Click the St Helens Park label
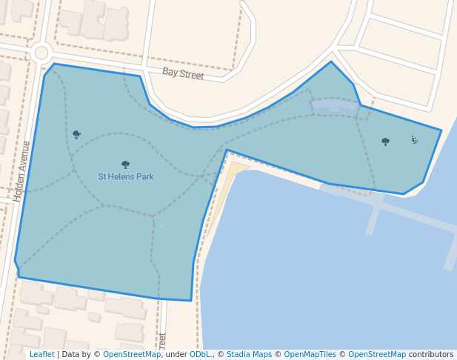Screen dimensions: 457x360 (x=126, y=177)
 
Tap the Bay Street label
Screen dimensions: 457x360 (x=183, y=73)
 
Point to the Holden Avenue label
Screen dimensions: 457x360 (x=22, y=172)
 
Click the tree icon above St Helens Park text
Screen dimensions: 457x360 (x=125, y=164)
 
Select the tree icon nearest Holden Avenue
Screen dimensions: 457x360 (x=76, y=134)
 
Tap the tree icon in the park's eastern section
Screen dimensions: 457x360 (x=385, y=141)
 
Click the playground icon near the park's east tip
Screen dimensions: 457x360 (x=414, y=139)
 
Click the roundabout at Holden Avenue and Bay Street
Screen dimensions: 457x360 (x=41, y=53)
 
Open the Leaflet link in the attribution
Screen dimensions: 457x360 (x=41, y=355)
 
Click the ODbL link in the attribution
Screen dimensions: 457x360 (x=200, y=355)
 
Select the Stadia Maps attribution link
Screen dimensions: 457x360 (x=249, y=355)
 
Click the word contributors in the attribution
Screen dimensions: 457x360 (x=431, y=355)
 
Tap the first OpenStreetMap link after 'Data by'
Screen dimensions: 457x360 (x=132, y=355)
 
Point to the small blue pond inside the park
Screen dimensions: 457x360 (x=162, y=226)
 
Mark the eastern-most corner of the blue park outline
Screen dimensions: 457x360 (x=441, y=131)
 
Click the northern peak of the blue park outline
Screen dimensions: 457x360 (x=331, y=61)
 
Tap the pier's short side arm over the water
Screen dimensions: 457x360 (x=373, y=218)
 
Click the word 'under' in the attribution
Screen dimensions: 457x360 (x=176, y=355)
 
